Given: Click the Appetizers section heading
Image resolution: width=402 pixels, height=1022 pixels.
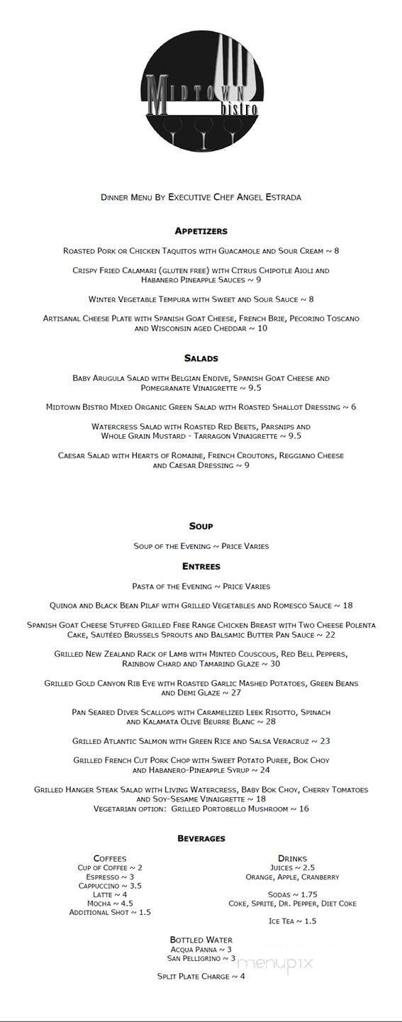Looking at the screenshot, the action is tap(201, 231).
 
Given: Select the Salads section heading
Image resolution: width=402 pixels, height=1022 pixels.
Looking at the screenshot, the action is tap(201, 359).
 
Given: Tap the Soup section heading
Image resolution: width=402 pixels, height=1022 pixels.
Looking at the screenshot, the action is tap(201, 526).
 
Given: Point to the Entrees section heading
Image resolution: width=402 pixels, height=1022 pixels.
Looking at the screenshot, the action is tap(201, 567).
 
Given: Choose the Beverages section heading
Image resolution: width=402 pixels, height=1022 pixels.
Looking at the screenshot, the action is tap(201, 839).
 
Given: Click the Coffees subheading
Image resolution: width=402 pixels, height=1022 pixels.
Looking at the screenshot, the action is tap(110, 859).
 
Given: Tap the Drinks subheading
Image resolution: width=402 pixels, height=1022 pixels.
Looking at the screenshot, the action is tap(292, 859).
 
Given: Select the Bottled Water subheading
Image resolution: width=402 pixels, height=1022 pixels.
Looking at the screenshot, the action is tap(201, 940).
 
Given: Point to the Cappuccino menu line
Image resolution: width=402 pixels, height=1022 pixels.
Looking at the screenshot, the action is tap(110, 886).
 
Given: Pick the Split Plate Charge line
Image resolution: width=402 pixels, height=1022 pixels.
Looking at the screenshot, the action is tap(201, 977).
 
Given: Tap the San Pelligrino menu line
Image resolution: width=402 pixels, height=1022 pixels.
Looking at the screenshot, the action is tap(201, 958).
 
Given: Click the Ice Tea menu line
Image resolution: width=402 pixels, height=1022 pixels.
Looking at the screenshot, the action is tap(292, 921).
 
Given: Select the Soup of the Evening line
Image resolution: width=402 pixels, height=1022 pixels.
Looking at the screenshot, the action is tap(201, 546).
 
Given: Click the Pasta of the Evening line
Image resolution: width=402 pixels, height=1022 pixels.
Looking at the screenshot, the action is tap(201, 587).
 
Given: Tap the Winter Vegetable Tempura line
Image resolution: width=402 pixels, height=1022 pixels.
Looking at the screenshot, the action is tap(201, 299).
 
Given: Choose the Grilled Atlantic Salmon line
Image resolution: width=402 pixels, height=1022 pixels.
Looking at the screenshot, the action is tap(201, 741).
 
